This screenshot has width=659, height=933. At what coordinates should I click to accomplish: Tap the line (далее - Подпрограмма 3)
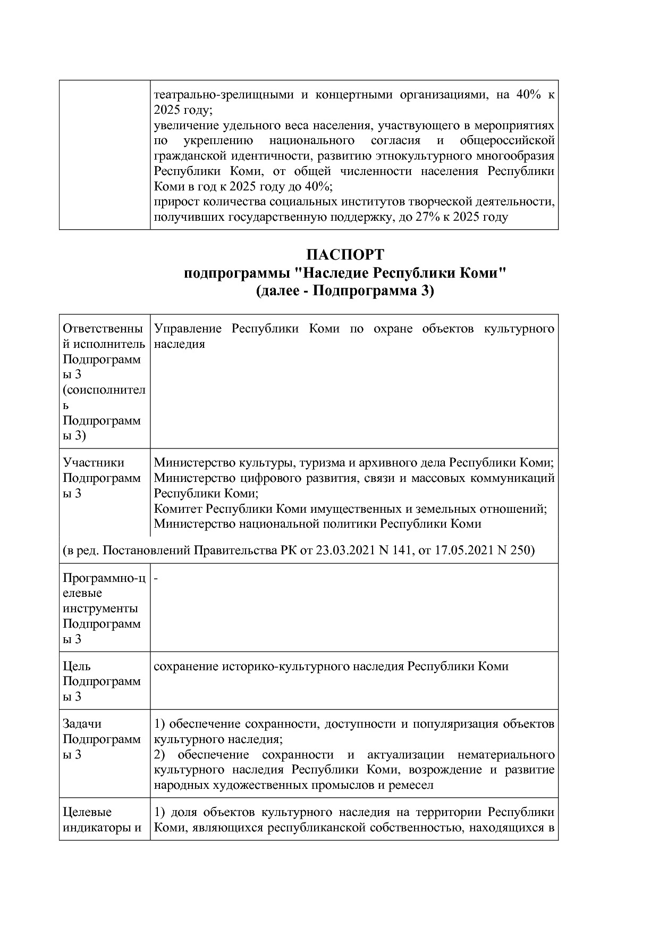pyautogui.click(x=345, y=291)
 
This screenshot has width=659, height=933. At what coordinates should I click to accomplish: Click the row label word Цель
pyautogui.click(x=77, y=667)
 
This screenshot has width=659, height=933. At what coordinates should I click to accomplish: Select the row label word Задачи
pyautogui.click(x=82, y=724)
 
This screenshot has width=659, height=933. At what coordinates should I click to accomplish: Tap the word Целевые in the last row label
pyautogui.click(x=87, y=812)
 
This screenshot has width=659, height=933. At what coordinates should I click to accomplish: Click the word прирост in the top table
pyautogui.click(x=172, y=202)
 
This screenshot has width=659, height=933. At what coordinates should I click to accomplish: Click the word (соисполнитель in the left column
pyautogui.click(x=104, y=390)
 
